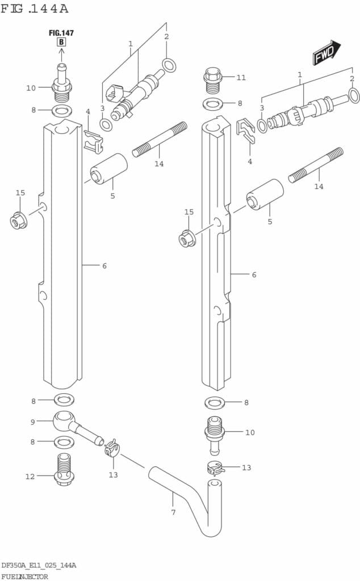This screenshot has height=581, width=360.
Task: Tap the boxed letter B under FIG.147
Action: (61, 42)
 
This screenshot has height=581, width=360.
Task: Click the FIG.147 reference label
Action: (61, 32)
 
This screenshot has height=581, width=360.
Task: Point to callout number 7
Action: (173, 512)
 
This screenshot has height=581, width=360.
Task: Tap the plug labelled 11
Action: (212, 81)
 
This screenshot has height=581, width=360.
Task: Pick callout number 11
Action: (241, 77)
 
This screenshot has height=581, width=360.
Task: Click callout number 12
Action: (30, 477)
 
